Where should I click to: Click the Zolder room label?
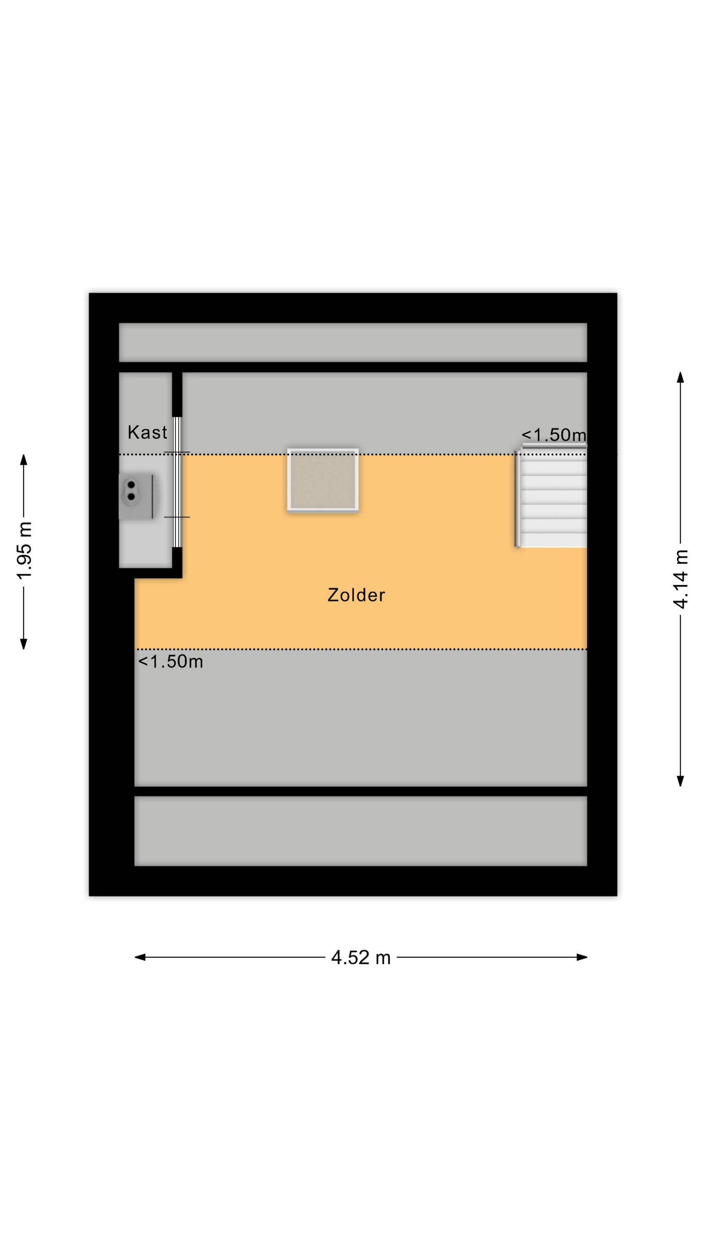[356, 595]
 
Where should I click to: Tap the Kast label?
[147, 432]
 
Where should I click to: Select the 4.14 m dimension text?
[681, 579]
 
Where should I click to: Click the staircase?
[551, 499]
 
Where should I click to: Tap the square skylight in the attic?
[323, 480]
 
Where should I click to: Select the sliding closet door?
[177, 482]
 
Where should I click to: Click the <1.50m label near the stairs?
[554, 435]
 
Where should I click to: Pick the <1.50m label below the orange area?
[171, 661]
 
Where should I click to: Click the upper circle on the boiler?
[131, 484]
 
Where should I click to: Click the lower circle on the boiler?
[131, 496]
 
